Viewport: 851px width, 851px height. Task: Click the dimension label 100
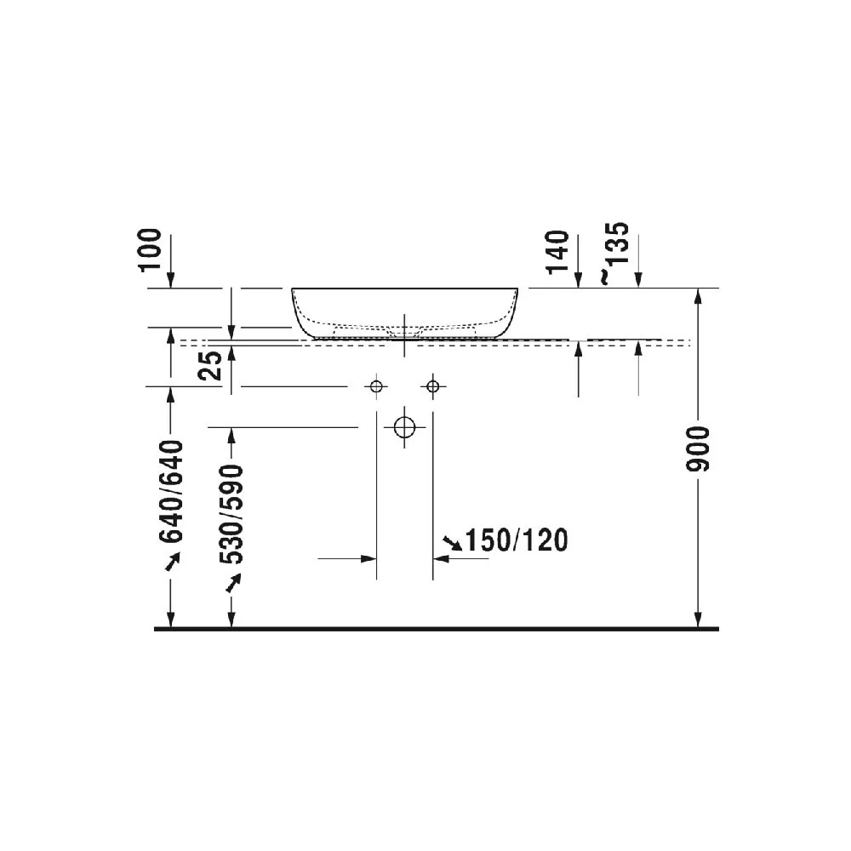point(151,250)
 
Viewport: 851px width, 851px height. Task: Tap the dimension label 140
point(558,253)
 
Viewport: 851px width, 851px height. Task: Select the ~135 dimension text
point(615,253)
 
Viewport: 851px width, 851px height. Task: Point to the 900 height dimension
point(698,448)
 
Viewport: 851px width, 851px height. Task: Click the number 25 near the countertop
point(211,365)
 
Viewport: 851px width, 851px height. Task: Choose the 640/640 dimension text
point(171,492)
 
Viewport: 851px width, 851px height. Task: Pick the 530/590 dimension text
point(231,514)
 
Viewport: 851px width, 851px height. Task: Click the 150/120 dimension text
point(517,540)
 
